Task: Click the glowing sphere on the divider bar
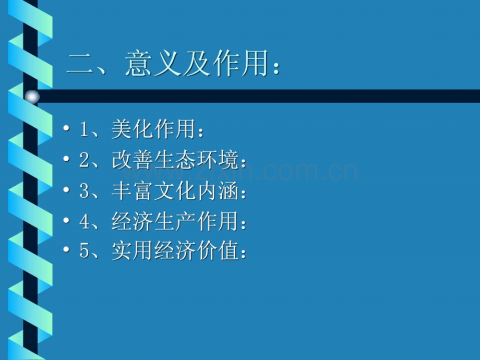(32, 97)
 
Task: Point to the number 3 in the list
(85, 191)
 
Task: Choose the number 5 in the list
(85, 252)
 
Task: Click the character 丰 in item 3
(121, 191)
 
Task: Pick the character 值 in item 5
(227, 252)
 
